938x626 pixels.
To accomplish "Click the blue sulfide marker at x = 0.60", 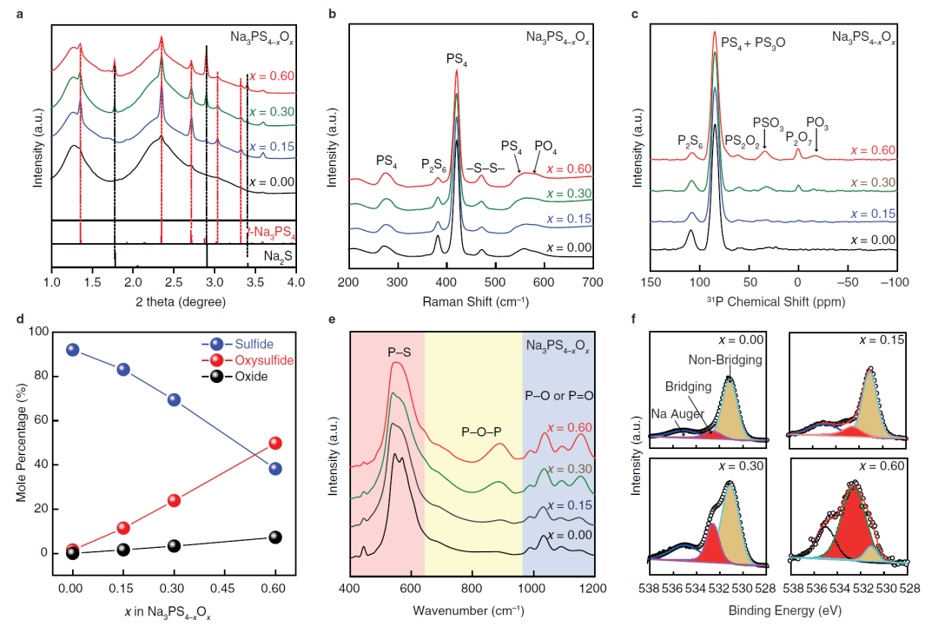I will (x=274, y=469).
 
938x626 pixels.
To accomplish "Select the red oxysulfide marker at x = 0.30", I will (x=174, y=500).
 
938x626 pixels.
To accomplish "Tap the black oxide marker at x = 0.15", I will (x=123, y=549).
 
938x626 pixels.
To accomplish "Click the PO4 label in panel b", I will (x=546, y=145).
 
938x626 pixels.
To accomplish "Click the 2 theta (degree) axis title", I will (x=173, y=301).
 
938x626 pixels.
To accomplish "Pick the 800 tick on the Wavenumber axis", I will (x=472, y=588).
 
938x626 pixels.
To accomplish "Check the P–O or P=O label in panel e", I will (x=558, y=394).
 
